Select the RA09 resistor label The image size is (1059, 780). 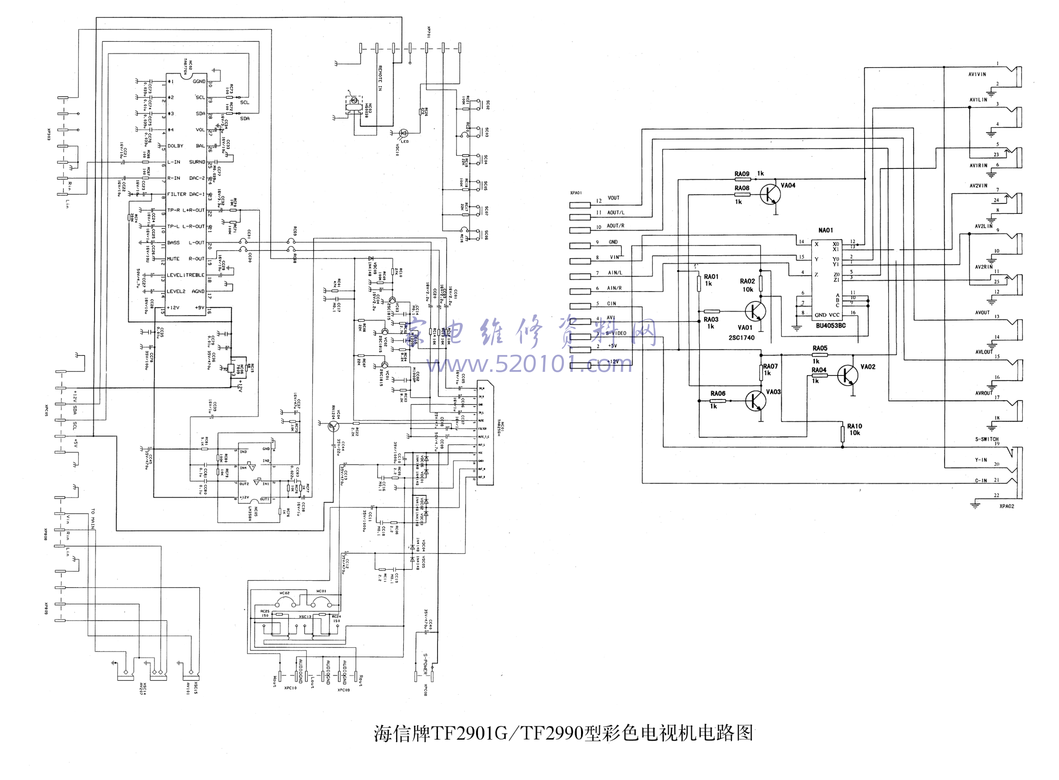pyautogui.click(x=741, y=174)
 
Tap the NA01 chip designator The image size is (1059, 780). pyautogui.click(x=825, y=230)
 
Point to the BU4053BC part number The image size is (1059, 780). pyautogui.click(x=830, y=326)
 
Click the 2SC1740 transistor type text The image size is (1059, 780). pyautogui.click(x=741, y=338)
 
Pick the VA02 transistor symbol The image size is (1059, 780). pyautogui.click(x=847, y=375)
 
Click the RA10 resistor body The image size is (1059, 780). pyautogui.click(x=842, y=433)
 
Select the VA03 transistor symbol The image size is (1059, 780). pyautogui.click(x=755, y=401)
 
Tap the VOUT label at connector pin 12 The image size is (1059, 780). pyautogui.click(x=613, y=198)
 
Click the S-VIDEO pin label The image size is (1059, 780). pyautogui.click(x=616, y=333)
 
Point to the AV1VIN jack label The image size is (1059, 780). pyautogui.click(x=977, y=74)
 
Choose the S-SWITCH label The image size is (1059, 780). pyautogui.click(x=987, y=439)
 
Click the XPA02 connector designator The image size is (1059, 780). pyautogui.click(x=1007, y=506)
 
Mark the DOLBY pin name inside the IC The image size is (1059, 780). pyautogui.click(x=175, y=146)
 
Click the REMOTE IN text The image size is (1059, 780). pyautogui.click(x=379, y=78)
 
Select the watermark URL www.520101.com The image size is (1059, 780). pyautogui.click(x=529, y=365)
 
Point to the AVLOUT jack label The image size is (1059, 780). pyautogui.click(x=984, y=352)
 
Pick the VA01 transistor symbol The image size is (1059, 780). pyautogui.click(x=754, y=311)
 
